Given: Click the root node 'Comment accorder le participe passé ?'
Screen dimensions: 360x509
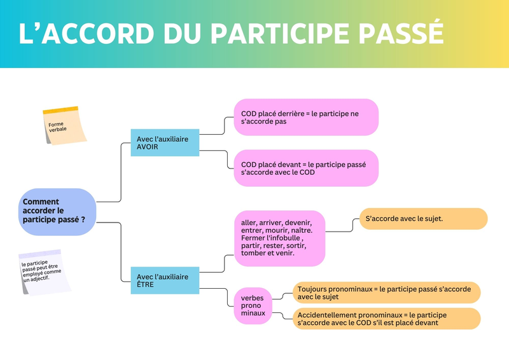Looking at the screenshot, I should [x=57, y=211].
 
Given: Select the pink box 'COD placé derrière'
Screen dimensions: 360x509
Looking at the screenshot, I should [x=305, y=117].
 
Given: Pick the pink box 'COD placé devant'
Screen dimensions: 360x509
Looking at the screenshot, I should [x=305, y=168].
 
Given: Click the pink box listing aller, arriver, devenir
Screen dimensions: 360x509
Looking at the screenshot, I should [x=279, y=238].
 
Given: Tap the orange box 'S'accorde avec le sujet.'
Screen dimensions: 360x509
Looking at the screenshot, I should [x=423, y=219].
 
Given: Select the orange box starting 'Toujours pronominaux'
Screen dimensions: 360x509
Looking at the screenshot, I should [x=386, y=293].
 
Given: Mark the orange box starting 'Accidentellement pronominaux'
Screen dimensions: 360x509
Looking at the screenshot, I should [x=386, y=319].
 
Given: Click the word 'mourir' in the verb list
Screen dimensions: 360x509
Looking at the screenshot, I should [x=274, y=230].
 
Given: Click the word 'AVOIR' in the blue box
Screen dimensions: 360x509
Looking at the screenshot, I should [x=148, y=146].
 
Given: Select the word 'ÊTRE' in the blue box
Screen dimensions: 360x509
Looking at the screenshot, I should [x=146, y=285].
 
